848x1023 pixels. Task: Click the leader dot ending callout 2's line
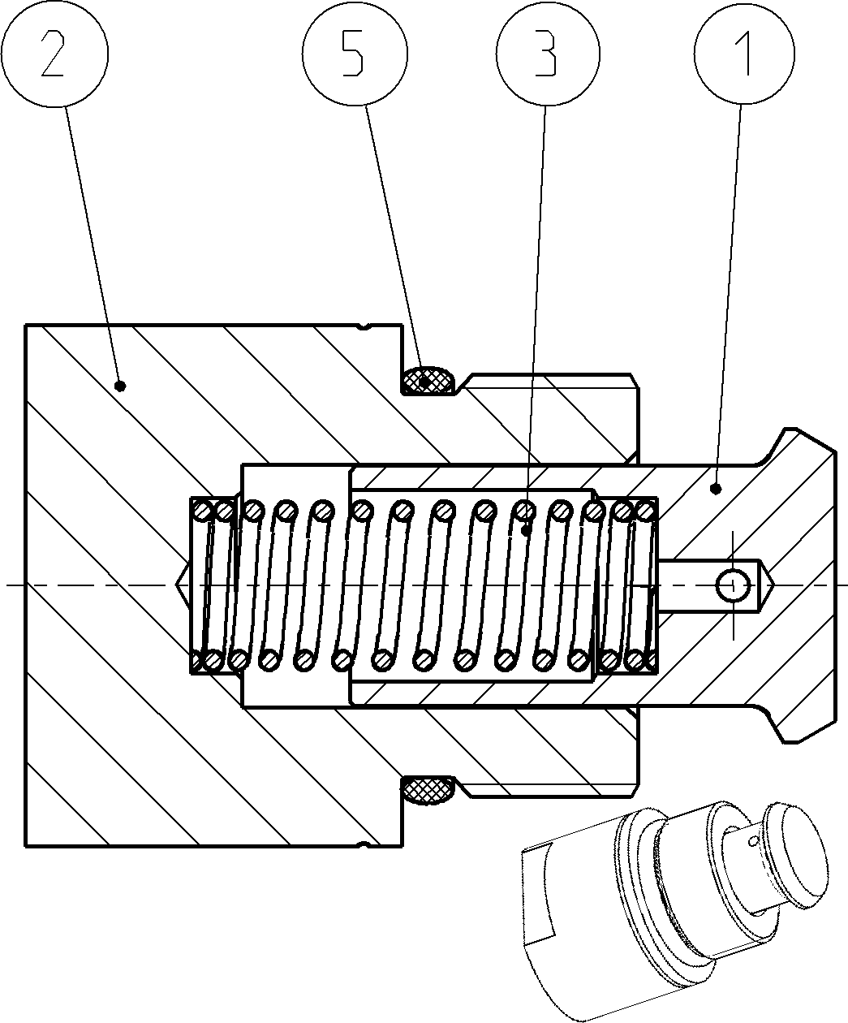click(120, 386)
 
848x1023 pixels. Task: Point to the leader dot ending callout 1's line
click(716, 489)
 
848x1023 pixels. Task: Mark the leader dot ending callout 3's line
click(526, 531)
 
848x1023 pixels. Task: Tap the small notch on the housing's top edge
click(364, 326)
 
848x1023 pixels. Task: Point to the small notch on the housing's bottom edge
click(364, 844)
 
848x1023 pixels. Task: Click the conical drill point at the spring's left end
click(183, 585)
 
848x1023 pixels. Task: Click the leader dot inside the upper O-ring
click(425, 379)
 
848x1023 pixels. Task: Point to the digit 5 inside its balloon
click(352, 53)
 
